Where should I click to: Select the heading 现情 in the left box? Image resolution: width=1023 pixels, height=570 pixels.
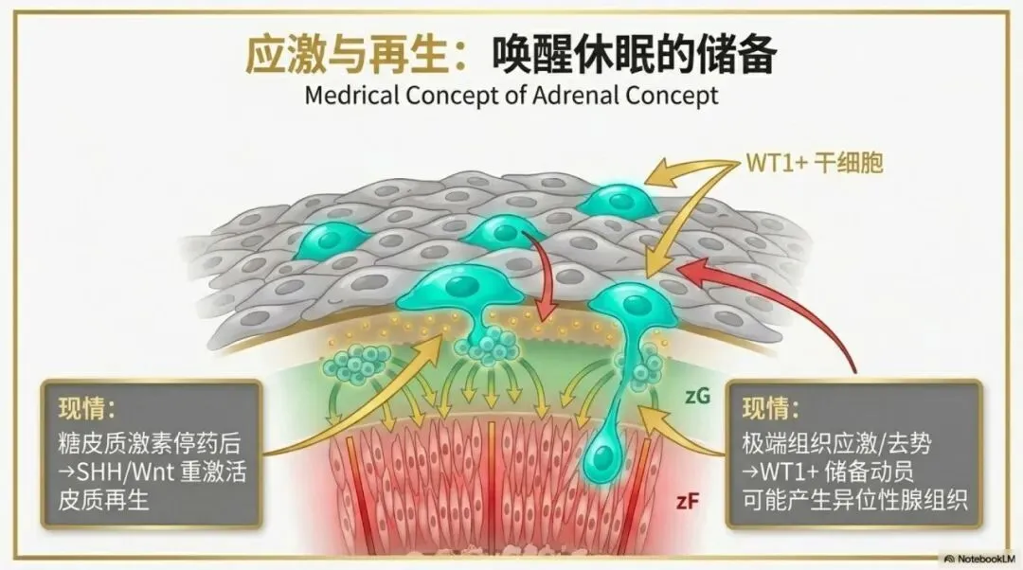pyautogui.click(x=84, y=408)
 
